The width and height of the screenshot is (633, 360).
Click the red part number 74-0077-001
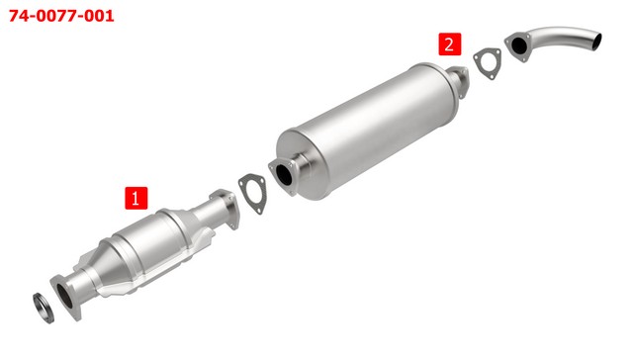point(61,16)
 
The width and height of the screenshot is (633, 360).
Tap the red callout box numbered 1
point(136,198)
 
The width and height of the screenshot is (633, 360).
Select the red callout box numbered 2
point(450,44)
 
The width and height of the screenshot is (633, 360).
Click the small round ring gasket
point(44,308)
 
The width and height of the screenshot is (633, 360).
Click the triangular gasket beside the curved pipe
point(488,63)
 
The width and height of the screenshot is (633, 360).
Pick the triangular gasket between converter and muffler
point(253,194)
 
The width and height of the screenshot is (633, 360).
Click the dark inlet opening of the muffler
point(284,173)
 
